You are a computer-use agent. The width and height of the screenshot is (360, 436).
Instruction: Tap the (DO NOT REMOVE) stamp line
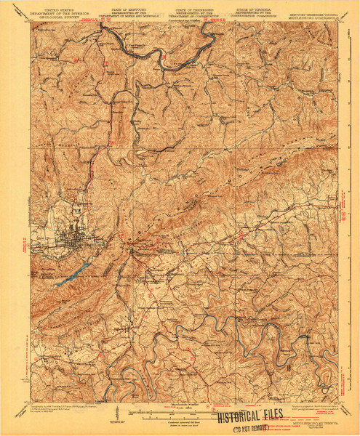255,426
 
